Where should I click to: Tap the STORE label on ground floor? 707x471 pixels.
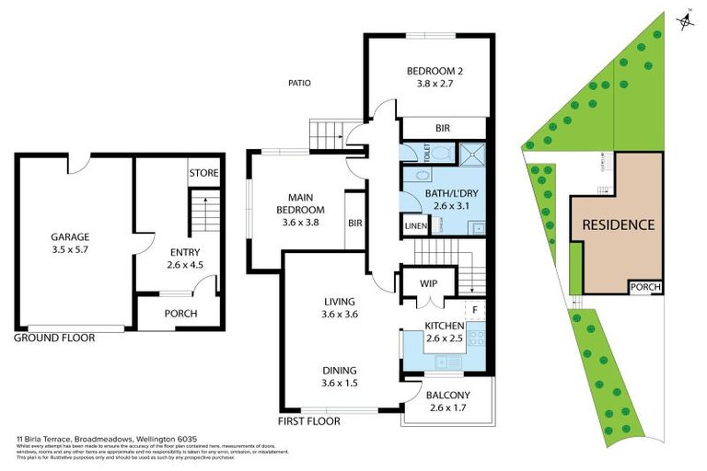click(203, 173)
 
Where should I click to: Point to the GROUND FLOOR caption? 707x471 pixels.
click(54, 338)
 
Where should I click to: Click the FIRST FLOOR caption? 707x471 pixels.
click(309, 421)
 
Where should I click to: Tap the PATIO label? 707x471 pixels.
click(298, 83)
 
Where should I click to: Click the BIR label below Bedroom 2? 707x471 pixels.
click(442, 128)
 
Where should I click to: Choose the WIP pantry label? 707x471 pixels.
click(427, 283)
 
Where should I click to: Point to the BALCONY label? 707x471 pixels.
click(448, 396)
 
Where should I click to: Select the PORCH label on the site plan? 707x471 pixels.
click(645, 287)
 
